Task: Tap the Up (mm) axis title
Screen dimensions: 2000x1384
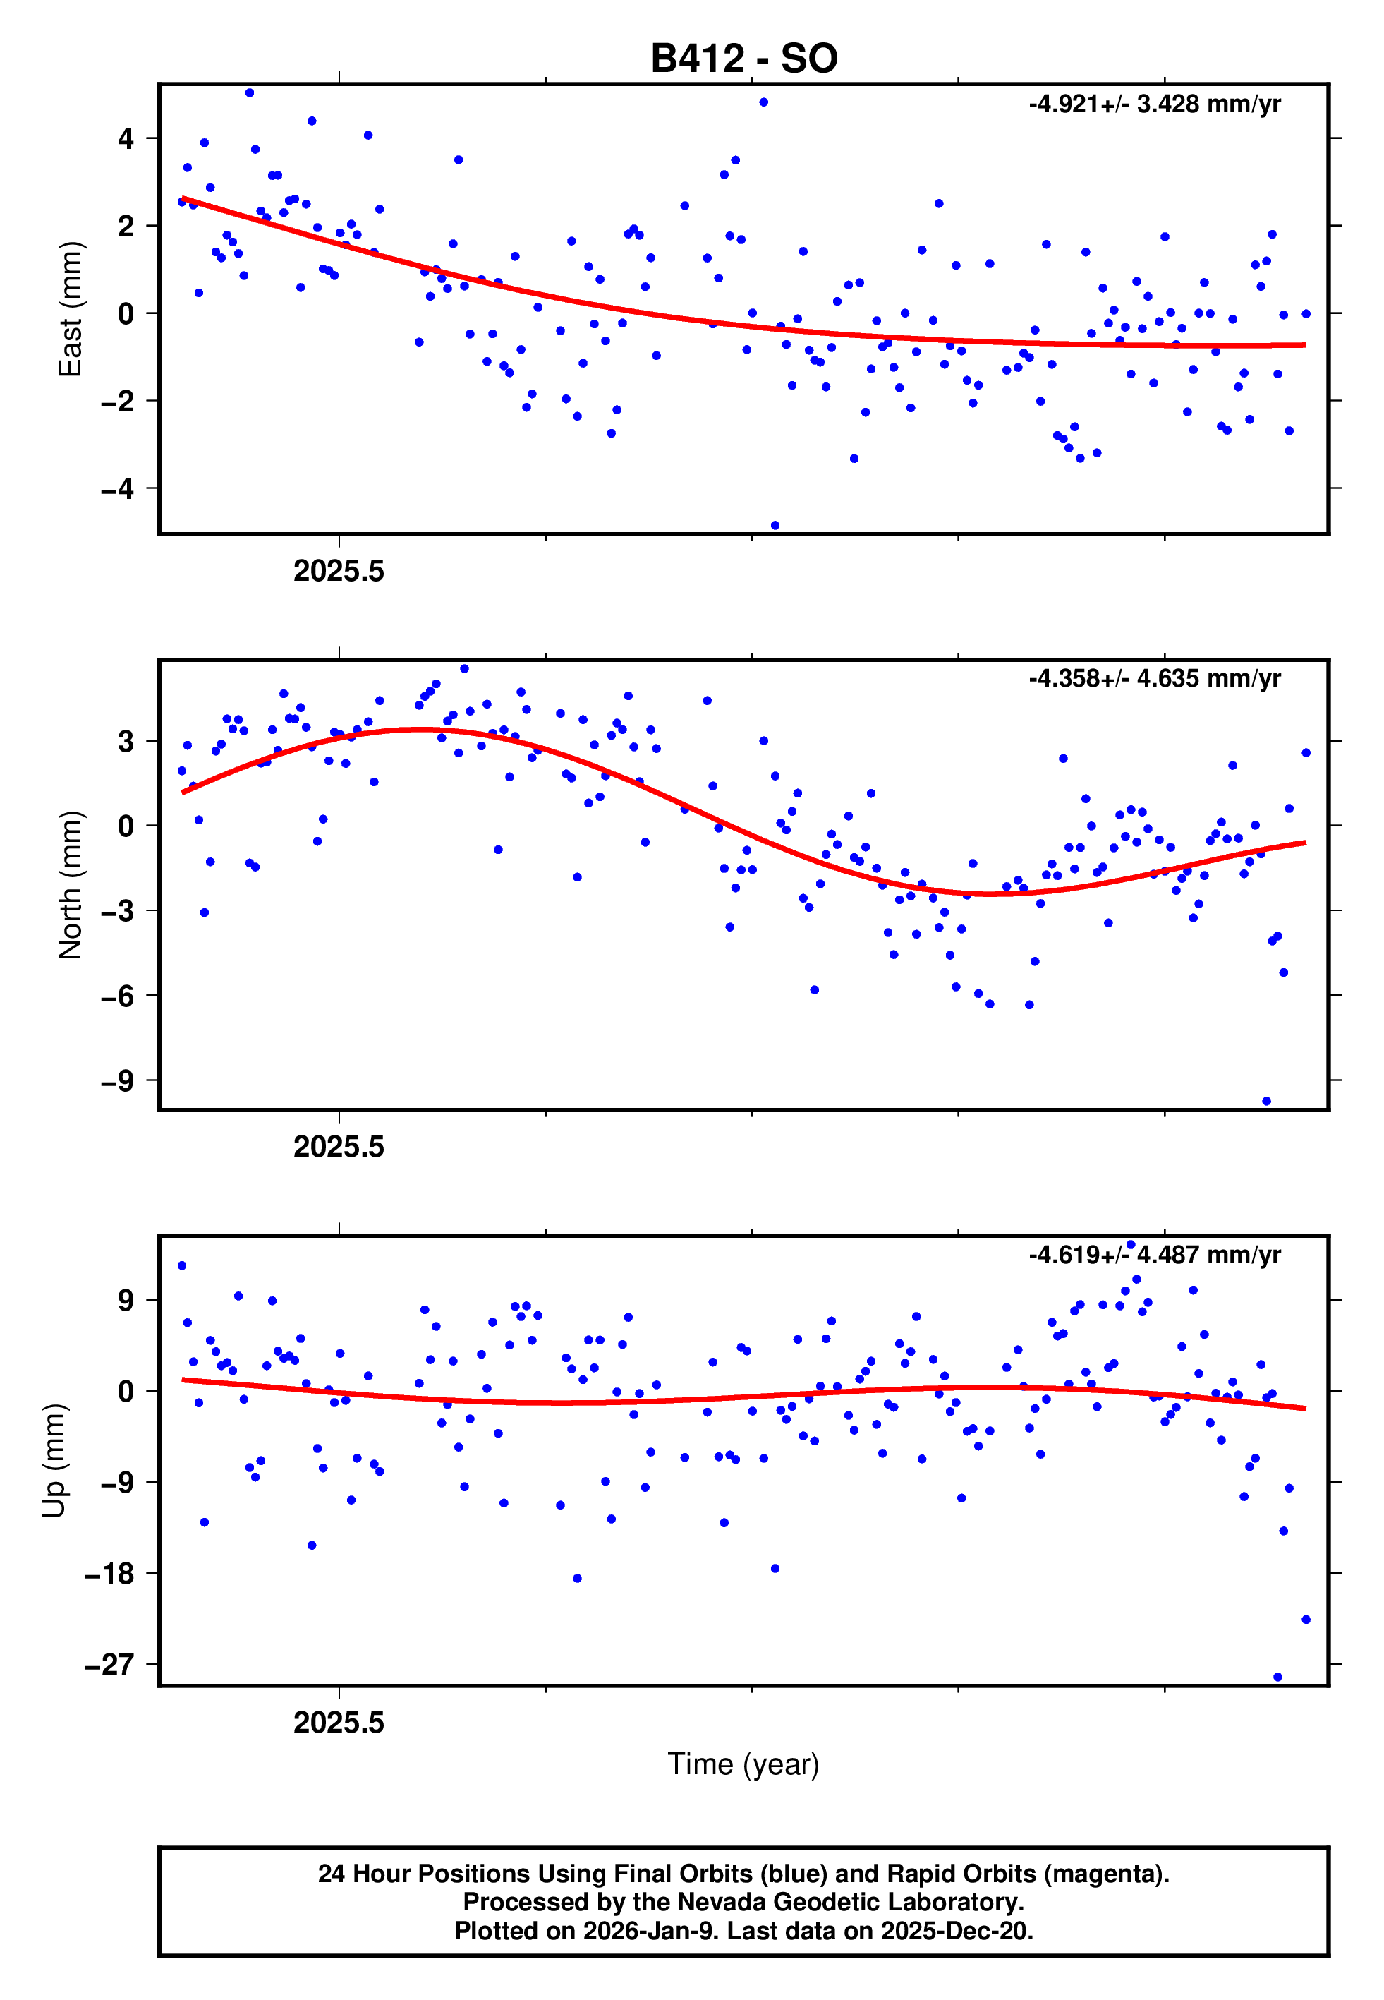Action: coord(54,1461)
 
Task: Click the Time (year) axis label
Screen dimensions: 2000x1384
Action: coord(743,1764)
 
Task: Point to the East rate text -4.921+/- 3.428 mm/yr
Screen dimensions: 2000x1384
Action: coord(1154,104)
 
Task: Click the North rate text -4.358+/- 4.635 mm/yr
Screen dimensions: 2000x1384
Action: coord(1154,678)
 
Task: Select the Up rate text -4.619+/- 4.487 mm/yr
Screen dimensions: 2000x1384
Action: coord(1154,1255)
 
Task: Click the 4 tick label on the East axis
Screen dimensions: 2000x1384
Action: coord(126,138)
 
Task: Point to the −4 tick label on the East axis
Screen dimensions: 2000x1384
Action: coord(117,488)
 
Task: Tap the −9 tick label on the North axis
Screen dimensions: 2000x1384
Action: coord(117,1080)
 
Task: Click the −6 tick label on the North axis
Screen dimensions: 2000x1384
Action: coord(117,996)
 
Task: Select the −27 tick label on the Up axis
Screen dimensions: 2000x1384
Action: coord(109,1664)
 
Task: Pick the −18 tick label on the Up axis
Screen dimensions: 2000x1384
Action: coord(109,1573)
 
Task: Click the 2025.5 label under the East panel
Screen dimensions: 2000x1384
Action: coord(338,572)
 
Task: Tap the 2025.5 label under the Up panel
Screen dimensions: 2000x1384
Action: coord(338,1723)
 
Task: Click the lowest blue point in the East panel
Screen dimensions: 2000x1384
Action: coord(775,526)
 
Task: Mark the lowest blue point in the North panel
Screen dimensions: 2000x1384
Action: coord(1266,1102)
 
